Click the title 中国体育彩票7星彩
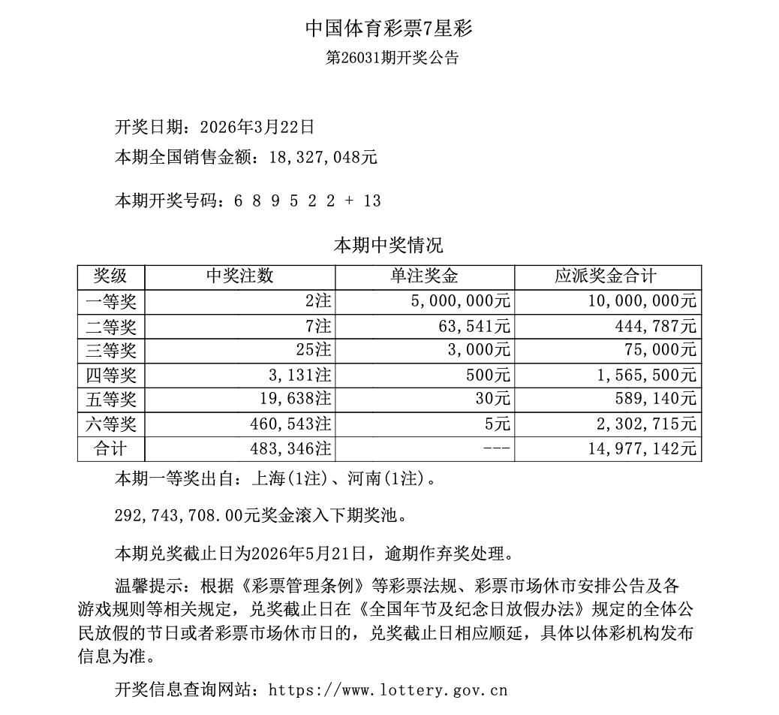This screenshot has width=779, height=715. [x=389, y=29]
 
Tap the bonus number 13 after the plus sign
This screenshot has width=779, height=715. [x=371, y=201]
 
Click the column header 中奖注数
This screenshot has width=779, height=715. [x=239, y=276]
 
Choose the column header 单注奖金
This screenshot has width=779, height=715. [x=424, y=276]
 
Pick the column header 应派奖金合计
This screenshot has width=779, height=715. [x=606, y=276]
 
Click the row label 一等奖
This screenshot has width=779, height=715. [x=110, y=302]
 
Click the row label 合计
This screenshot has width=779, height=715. [x=110, y=448]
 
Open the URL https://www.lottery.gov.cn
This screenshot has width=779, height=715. [x=387, y=689]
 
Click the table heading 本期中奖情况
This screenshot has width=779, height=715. [x=388, y=245]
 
